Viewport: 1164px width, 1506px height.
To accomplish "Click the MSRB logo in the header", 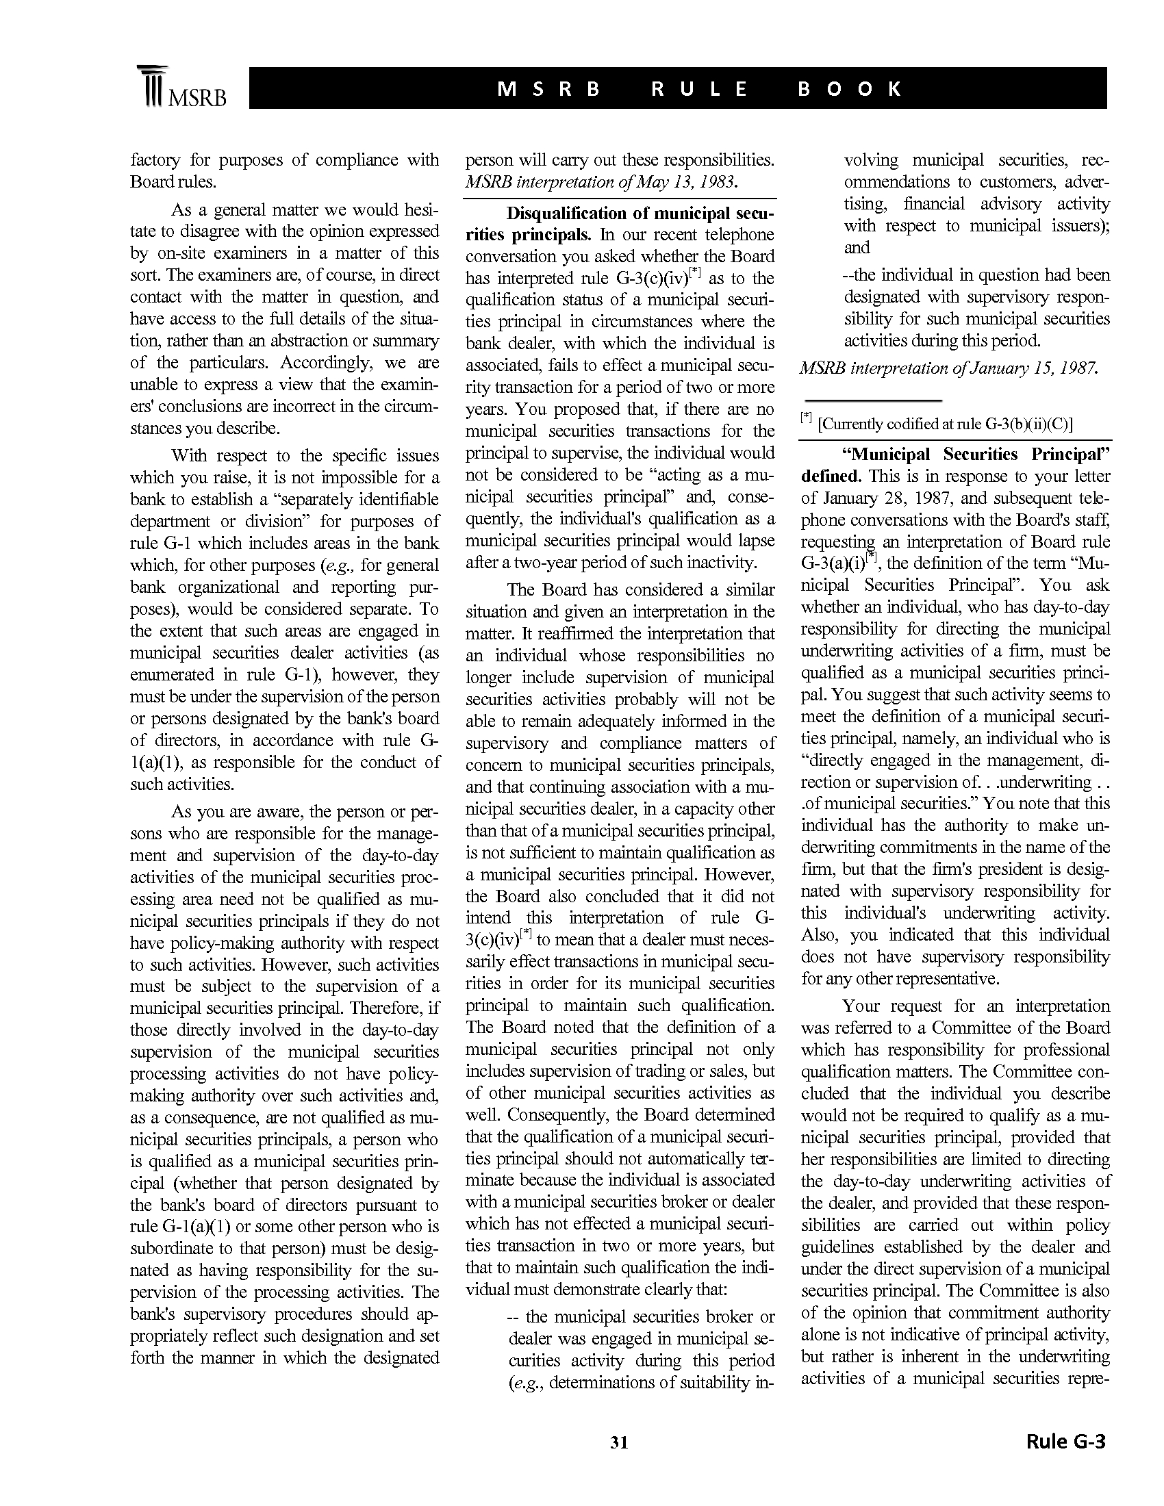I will tap(181, 88).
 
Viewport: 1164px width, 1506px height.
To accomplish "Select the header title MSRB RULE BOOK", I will tap(699, 89).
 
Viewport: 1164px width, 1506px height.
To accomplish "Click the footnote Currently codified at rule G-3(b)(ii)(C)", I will tap(945, 423).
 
